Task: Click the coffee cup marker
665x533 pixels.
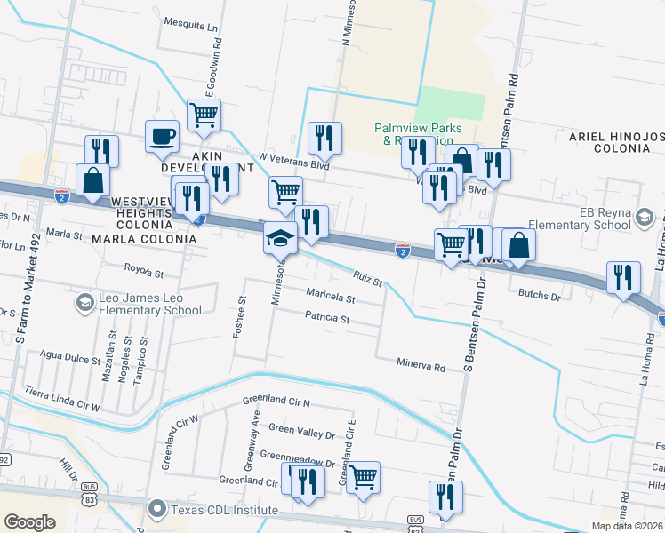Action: click(x=162, y=136)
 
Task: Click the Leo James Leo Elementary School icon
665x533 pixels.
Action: click(x=84, y=304)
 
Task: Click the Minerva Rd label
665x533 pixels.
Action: click(x=420, y=365)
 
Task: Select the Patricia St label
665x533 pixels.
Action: click(x=327, y=317)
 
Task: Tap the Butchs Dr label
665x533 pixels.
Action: click(x=542, y=293)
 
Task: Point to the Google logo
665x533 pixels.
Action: click(x=29, y=522)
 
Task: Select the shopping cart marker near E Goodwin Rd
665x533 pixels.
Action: click(x=204, y=115)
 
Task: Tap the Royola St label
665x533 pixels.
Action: click(x=146, y=266)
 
